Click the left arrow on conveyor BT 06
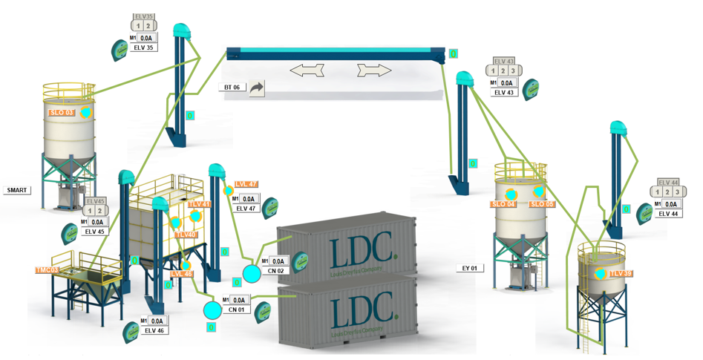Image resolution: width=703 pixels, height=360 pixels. coord(307,71)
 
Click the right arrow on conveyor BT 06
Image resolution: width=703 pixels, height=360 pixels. coord(373,71)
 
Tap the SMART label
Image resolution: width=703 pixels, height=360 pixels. coord(17,190)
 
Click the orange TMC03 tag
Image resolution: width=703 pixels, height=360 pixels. coord(47,270)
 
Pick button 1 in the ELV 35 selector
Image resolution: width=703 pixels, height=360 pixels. coord(138,26)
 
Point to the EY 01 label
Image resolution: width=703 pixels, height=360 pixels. coord(468,268)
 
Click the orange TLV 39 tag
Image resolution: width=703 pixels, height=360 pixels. coord(621,274)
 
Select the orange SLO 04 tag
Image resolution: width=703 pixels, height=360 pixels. coord(503,204)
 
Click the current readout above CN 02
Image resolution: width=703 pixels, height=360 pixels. coord(278,261)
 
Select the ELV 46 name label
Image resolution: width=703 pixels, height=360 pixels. coord(154,331)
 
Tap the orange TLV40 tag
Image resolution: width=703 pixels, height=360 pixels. coord(186,235)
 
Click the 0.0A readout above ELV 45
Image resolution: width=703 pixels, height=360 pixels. coord(97,221)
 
